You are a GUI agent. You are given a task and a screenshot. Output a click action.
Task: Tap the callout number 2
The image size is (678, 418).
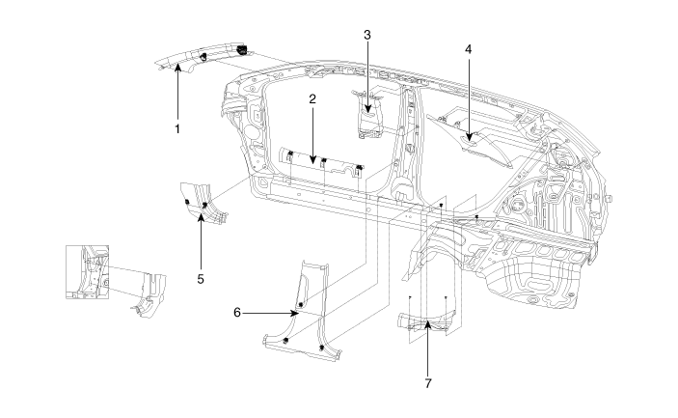312,98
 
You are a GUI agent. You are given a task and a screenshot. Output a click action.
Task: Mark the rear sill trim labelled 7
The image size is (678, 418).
426,323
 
